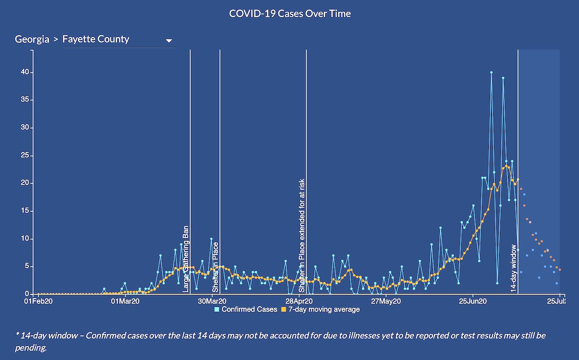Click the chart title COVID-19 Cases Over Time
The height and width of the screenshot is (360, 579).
click(289, 13)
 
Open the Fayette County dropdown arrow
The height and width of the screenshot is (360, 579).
click(169, 40)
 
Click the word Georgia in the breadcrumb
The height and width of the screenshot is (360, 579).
click(32, 39)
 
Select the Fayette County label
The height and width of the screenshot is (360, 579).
click(96, 39)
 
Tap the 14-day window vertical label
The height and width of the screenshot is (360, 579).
click(514, 269)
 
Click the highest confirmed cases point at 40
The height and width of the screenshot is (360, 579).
click(491, 72)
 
